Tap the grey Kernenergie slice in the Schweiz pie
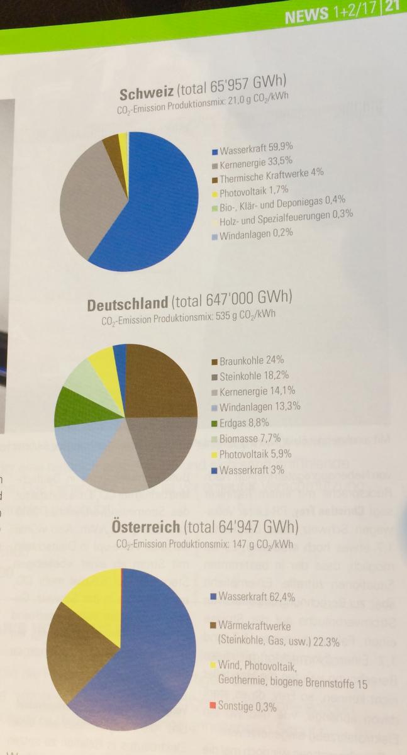click(x=91, y=195)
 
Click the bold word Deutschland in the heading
click(x=128, y=305)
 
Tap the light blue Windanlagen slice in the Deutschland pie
click(x=82, y=447)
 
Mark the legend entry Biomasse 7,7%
click(x=245, y=439)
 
